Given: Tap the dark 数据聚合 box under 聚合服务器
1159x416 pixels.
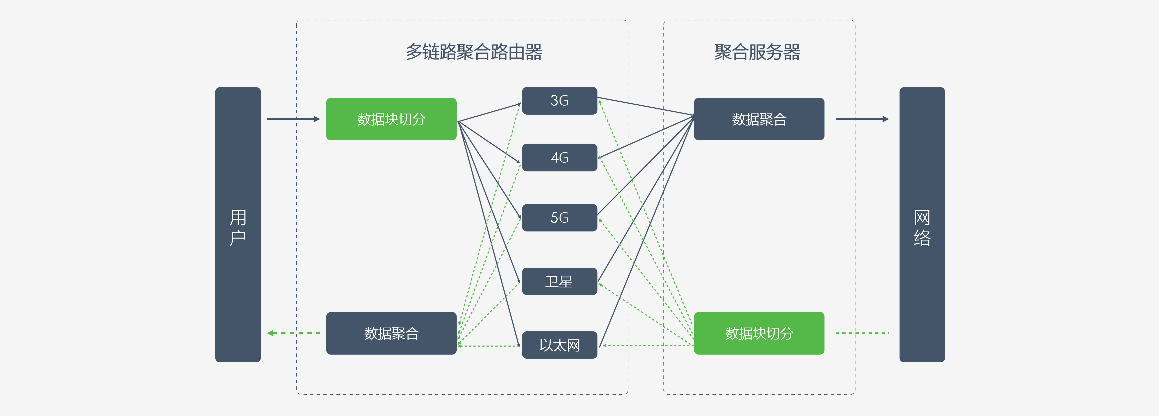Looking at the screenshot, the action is point(759,119).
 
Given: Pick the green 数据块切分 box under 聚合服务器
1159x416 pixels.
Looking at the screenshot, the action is point(759,333).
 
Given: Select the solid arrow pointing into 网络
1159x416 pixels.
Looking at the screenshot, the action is point(862,119).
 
